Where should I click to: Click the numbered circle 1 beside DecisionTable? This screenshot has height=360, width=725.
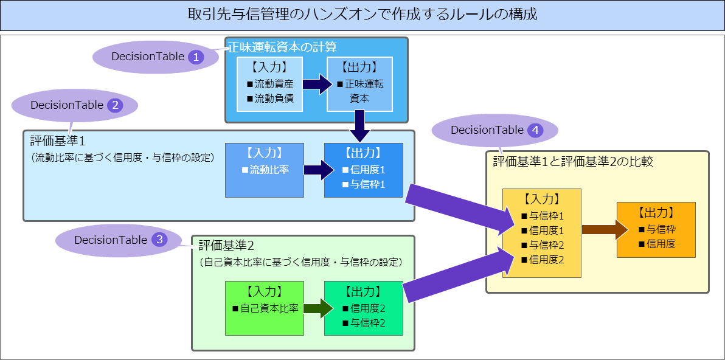click(196, 57)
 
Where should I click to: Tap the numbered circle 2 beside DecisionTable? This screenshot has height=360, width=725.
click(115, 105)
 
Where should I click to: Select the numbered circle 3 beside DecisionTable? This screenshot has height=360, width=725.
click(159, 240)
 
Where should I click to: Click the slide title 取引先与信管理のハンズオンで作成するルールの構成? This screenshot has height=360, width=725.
click(362, 15)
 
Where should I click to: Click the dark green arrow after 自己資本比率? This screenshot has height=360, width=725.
click(318, 308)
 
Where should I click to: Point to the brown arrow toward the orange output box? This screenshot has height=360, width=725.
click(604, 229)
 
